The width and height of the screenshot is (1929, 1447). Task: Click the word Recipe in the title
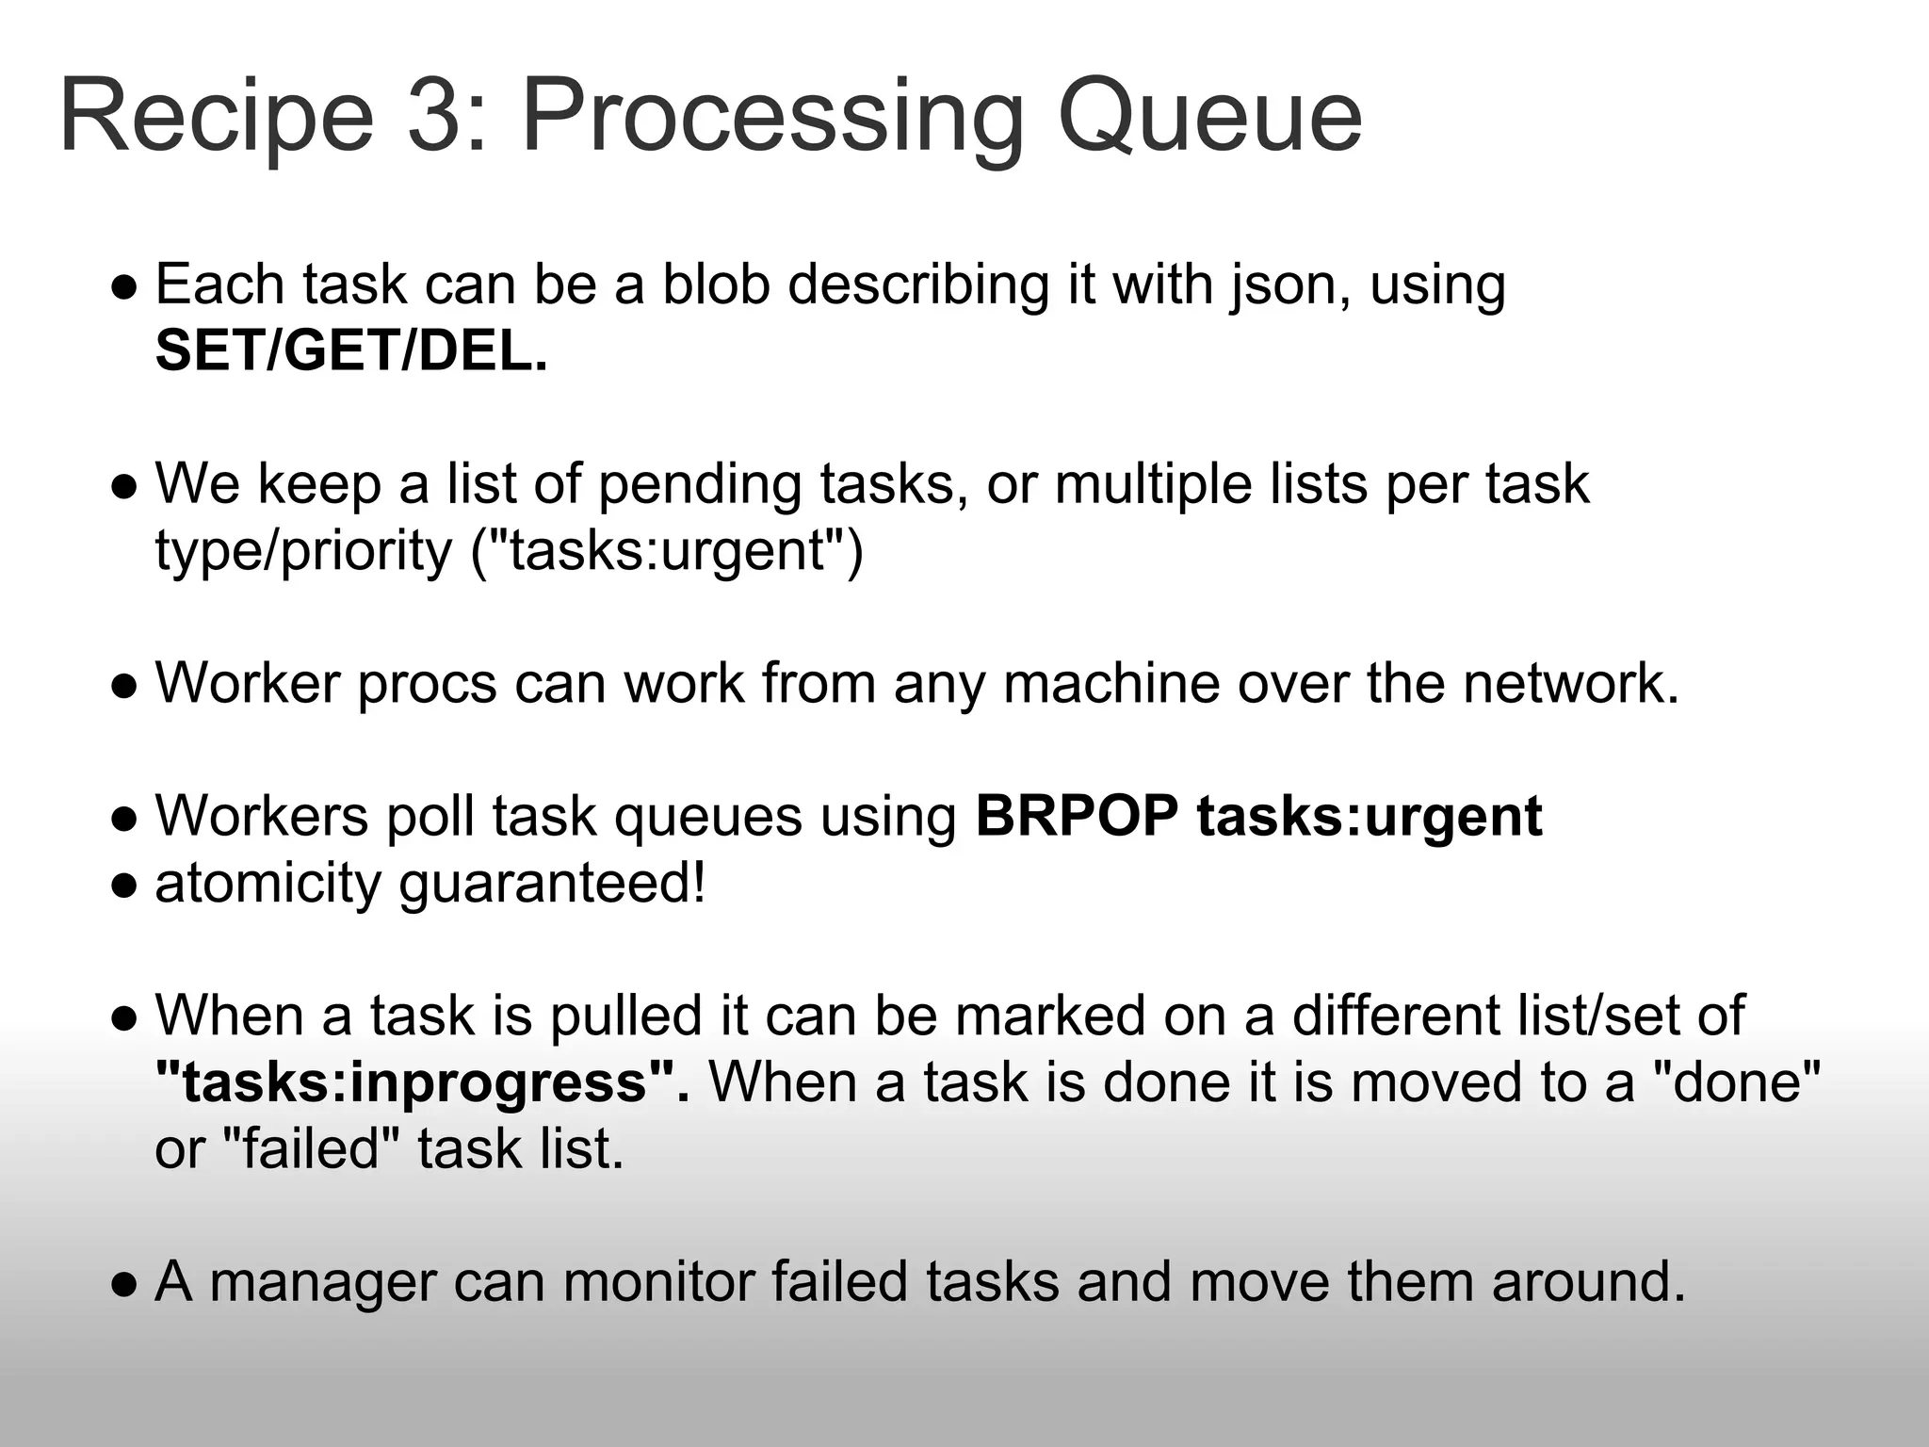coord(217,118)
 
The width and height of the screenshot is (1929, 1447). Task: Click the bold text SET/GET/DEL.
coord(350,351)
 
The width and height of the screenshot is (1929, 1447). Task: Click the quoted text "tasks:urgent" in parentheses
coord(667,550)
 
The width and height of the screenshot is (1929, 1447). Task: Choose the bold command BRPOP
coord(1077,816)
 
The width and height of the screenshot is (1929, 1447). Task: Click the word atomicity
coord(268,884)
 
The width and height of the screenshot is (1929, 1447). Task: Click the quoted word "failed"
coord(312,1149)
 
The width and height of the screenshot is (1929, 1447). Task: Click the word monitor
coord(658,1282)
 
